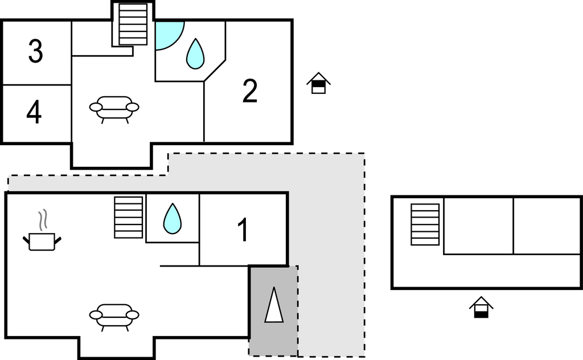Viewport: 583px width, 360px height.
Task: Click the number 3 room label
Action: pyautogui.click(x=36, y=51)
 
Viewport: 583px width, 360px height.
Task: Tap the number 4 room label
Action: pyautogui.click(x=34, y=112)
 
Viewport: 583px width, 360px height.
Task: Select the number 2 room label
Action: pyautogui.click(x=250, y=91)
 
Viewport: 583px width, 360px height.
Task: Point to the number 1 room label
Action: pyautogui.click(x=243, y=230)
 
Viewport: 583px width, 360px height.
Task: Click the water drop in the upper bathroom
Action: pyautogui.click(x=195, y=54)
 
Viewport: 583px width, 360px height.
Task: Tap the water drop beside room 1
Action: pyautogui.click(x=173, y=218)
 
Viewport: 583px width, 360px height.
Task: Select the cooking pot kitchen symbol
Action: pyautogui.click(x=42, y=242)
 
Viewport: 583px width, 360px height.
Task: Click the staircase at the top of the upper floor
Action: pyautogui.click(x=133, y=24)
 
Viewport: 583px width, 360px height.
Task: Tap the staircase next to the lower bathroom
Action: pyautogui.click(x=129, y=217)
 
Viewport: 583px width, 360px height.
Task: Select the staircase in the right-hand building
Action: pyautogui.click(x=425, y=224)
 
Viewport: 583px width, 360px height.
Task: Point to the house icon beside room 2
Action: pyautogui.click(x=319, y=83)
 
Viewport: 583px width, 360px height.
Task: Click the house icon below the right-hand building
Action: pyautogui.click(x=481, y=307)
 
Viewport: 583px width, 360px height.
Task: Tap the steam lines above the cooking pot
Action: pyautogui.click(x=43, y=219)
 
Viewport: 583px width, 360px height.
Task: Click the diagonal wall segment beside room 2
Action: pyautogui.click(x=215, y=70)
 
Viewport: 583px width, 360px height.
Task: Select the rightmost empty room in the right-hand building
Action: pyautogui.click(x=547, y=226)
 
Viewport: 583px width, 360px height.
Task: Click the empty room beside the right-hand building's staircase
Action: pyautogui.click(x=478, y=226)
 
